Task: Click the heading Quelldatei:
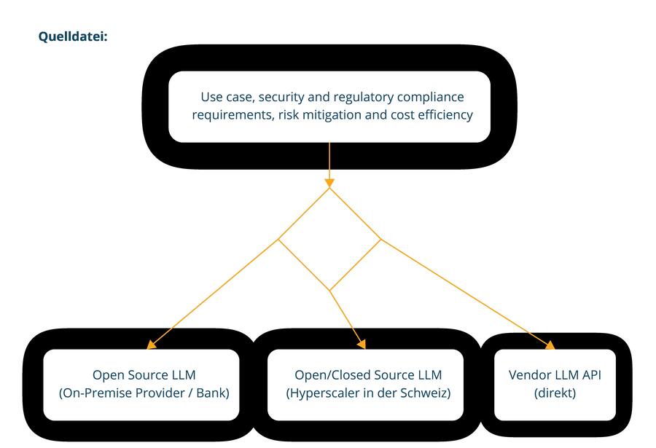point(73,35)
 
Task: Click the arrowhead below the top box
point(329,182)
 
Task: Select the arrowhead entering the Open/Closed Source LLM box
point(360,344)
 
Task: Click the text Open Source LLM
point(144,376)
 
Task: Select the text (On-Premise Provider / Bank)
point(144,394)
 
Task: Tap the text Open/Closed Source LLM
point(368,376)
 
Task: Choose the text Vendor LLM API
point(555,376)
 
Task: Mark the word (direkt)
point(555,394)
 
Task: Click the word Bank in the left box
point(211,394)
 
